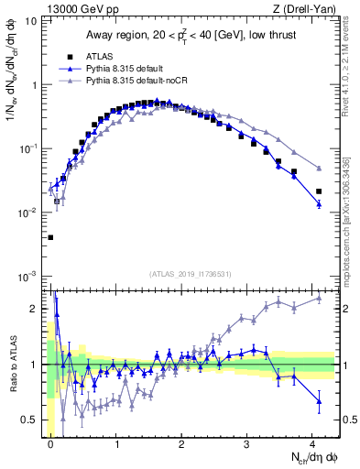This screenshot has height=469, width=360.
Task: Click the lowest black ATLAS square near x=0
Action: point(50,237)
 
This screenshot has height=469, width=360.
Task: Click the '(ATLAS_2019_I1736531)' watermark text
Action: point(189,274)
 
